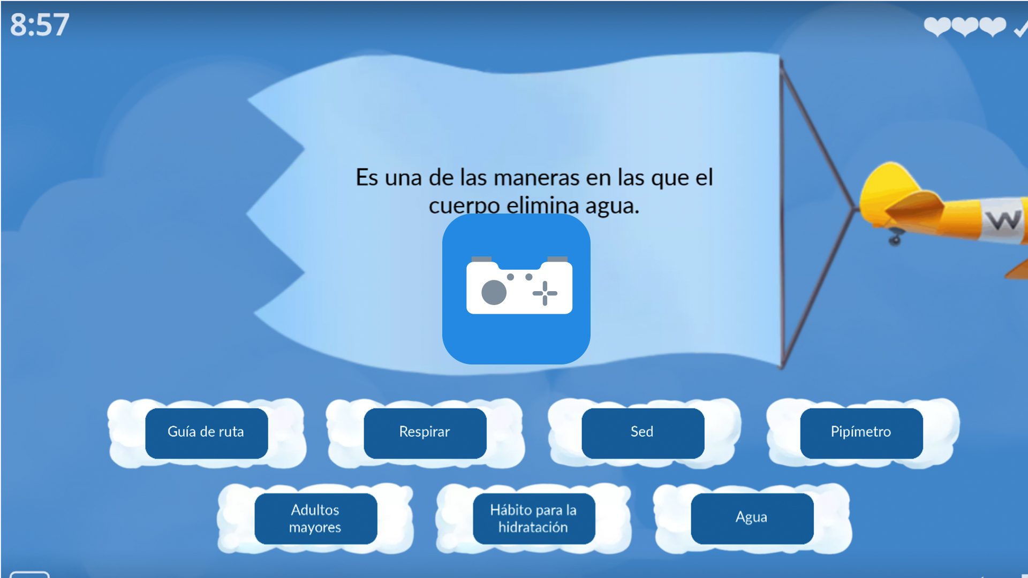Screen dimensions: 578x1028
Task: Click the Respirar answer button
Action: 425,432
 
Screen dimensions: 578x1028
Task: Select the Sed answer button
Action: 642,432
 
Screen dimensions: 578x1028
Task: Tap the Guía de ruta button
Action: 206,432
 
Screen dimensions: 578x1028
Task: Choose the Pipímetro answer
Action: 861,432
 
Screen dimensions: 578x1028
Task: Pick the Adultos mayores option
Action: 315,518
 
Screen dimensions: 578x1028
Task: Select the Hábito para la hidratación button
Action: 533,518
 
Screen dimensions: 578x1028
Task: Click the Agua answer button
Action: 752,518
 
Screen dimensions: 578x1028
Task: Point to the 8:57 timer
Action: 40,25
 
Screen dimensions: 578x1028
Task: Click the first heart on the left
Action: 937,26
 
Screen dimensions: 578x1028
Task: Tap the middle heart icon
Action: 965,26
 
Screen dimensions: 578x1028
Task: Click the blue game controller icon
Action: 516,289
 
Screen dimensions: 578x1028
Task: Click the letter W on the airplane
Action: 1003,219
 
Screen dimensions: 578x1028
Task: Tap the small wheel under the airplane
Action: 895,239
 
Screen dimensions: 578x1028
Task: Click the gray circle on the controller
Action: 494,293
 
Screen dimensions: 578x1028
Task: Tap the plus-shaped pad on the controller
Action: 545,293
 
